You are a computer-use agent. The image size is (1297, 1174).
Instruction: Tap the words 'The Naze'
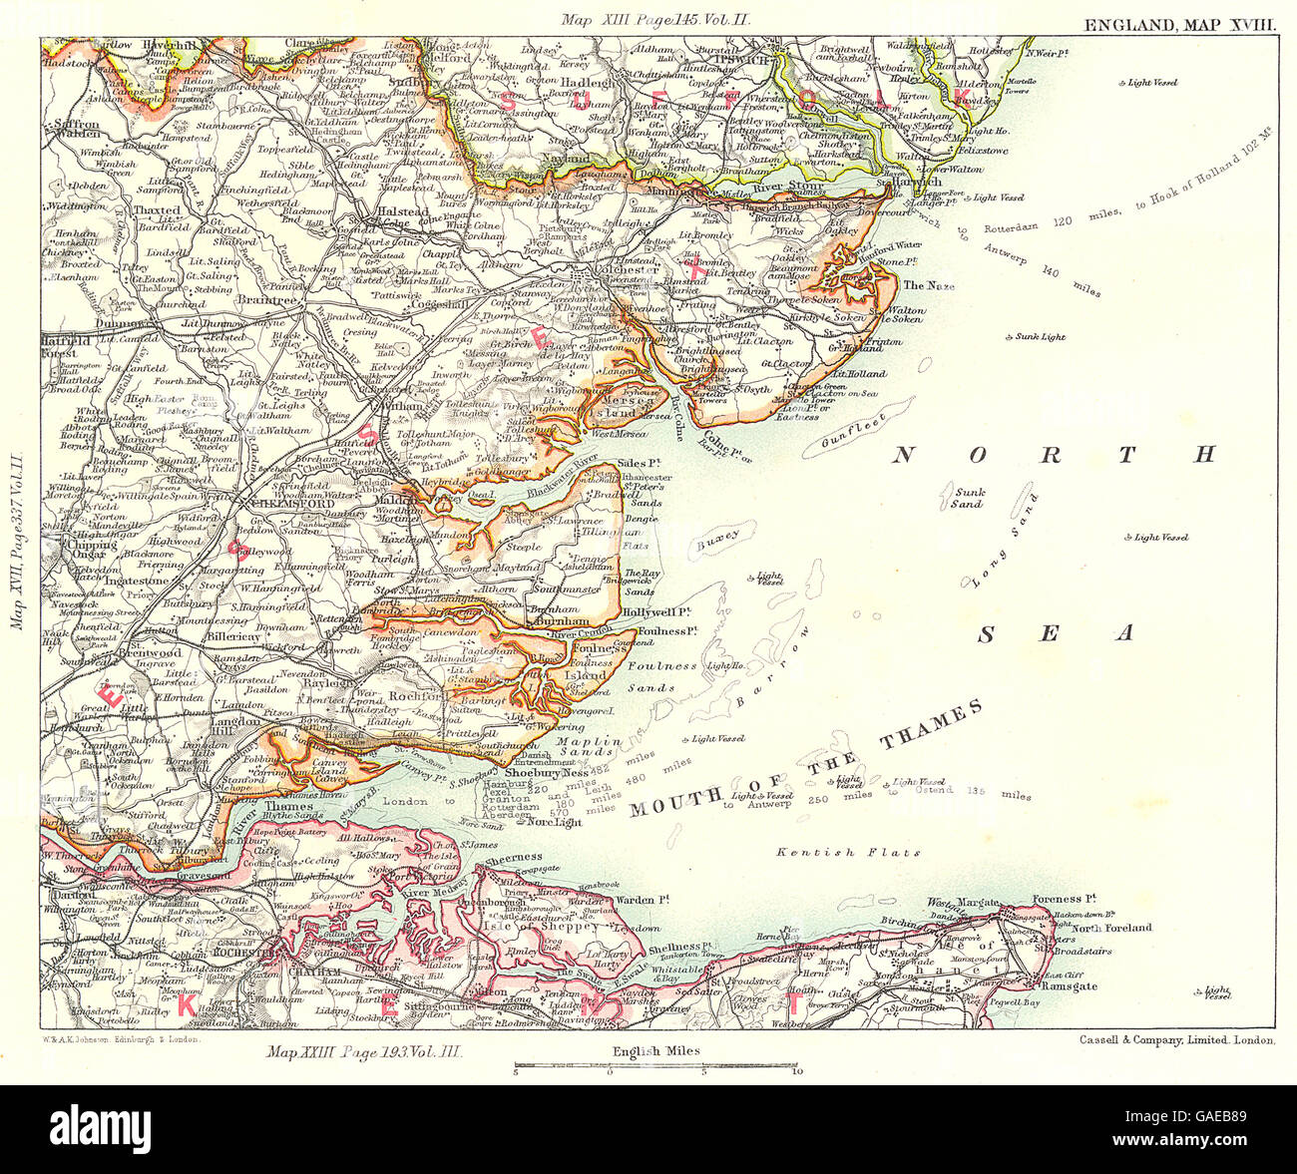click(928, 285)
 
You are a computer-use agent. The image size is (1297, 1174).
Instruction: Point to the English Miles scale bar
click(654, 1066)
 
